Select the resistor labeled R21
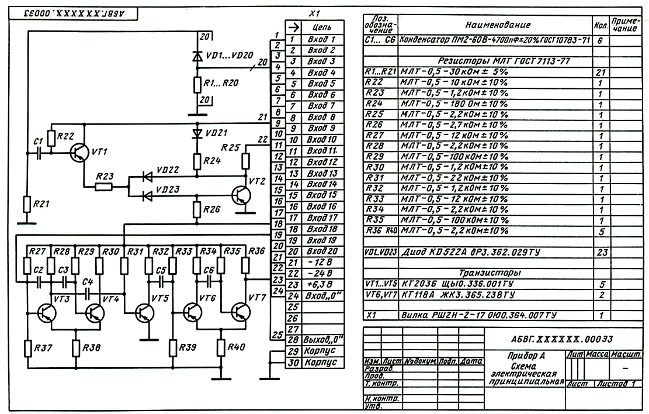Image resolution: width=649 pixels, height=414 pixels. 26,205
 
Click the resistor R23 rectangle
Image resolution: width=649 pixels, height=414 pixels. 105,187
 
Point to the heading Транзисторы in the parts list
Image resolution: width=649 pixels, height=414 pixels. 489,272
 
